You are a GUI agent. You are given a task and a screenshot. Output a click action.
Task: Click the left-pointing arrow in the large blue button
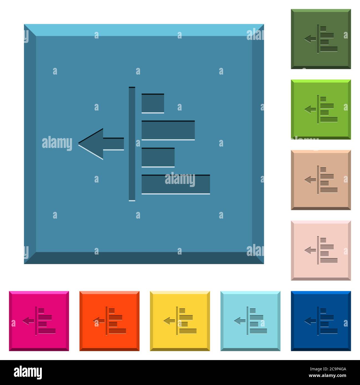(101, 144)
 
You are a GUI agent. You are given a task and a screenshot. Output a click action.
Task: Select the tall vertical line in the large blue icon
(132, 144)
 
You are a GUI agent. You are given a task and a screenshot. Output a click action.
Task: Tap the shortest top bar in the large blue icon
(153, 103)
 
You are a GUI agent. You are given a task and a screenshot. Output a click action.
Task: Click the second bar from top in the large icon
(168, 130)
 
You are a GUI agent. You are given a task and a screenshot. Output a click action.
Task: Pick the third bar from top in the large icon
(158, 157)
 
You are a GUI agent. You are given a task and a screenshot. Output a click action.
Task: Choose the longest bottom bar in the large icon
(176, 184)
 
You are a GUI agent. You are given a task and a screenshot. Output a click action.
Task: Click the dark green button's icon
(321, 39)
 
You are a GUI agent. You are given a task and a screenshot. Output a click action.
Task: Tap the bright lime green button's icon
(321, 109)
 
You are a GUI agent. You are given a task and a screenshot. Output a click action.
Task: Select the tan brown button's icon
(321, 180)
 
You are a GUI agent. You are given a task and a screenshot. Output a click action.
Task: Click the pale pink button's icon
(321, 250)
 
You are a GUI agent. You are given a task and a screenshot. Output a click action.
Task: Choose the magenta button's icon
(39, 321)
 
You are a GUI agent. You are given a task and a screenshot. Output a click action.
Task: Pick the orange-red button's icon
(110, 321)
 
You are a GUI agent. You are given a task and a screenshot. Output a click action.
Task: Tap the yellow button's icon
(180, 321)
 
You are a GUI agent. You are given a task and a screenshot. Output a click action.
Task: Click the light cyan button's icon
(250, 321)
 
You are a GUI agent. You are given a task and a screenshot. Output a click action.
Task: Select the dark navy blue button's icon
(321, 321)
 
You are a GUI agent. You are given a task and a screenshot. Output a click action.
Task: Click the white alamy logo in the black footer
(28, 373)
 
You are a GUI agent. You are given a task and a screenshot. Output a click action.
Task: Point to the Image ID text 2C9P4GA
(337, 369)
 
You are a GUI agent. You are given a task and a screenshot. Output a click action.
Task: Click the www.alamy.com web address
(327, 376)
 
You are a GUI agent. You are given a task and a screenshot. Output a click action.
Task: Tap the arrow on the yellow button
(169, 321)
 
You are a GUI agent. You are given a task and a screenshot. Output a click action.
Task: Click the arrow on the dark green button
(310, 39)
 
